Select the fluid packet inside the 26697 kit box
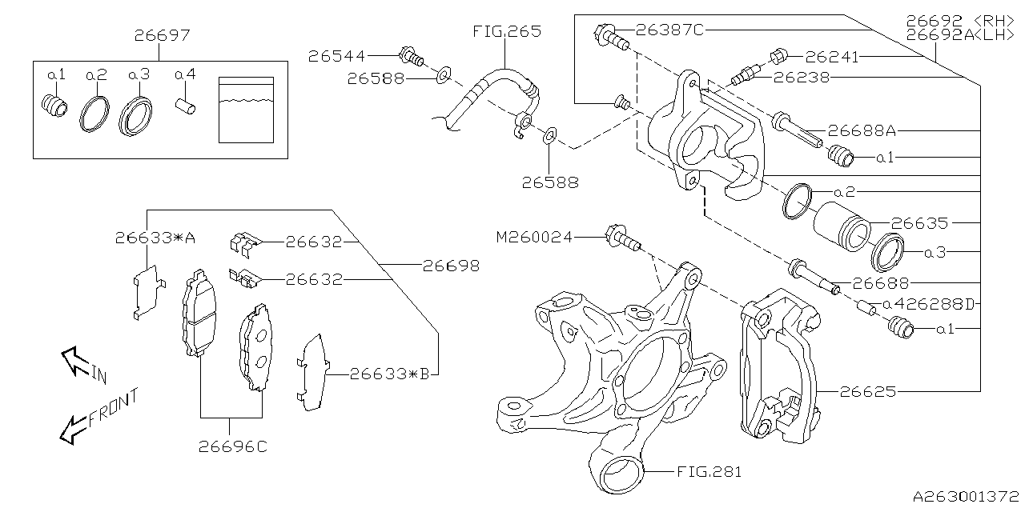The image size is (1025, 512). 246,110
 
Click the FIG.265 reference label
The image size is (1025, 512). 505,32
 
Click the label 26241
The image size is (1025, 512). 832,57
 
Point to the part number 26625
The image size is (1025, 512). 867,392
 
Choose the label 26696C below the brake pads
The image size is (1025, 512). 232,447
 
